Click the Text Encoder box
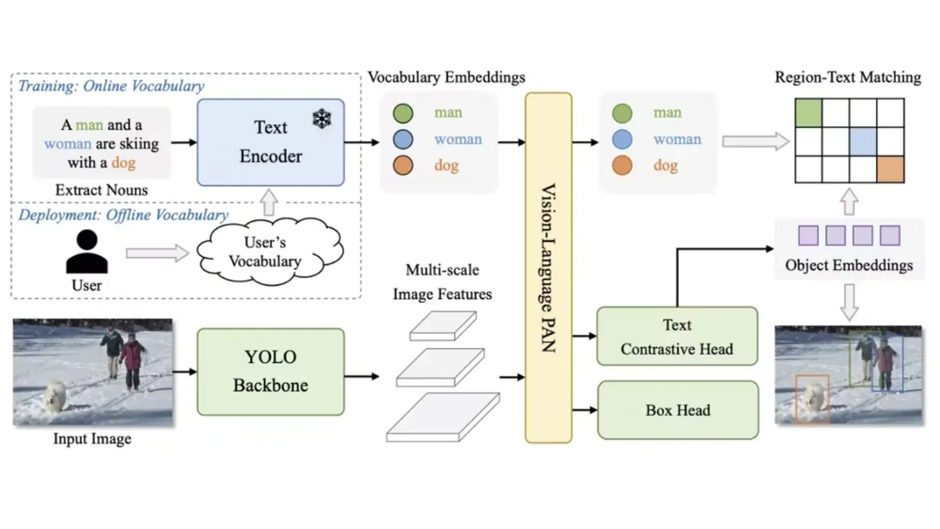270,142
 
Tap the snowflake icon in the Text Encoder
321,119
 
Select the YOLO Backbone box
270,371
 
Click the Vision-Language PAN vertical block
548,267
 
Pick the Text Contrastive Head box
677,337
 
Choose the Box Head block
678,410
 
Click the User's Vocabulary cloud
265,252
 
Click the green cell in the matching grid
809,113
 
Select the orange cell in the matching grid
890,169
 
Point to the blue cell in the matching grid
863,141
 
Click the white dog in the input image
55,397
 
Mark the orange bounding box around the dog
812,399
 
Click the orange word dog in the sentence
124,163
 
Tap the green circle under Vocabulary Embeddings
403,113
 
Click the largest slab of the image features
442,416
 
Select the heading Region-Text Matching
848,77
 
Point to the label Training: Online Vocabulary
111,86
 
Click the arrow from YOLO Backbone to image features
362,377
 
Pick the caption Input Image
92,439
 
